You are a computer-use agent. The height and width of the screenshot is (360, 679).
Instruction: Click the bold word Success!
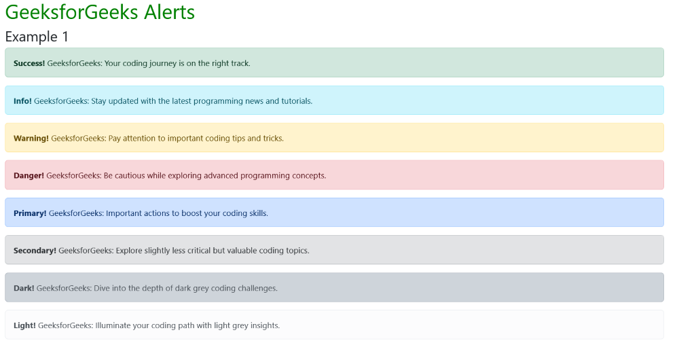pyautogui.click(x=29, y=63)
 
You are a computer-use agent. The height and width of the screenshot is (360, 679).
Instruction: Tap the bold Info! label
pyautogui.click(x=22, y=101)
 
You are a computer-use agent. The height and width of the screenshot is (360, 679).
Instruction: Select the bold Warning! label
pyautogui.click(x=31, y=138)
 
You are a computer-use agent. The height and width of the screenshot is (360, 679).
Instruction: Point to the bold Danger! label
pyautogui.click(x=29, y=175)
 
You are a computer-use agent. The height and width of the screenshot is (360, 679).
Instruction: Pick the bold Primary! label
pyautogui.click(x=30, y=213)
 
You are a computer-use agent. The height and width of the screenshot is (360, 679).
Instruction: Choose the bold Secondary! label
pyautogui.click(x=35, y=251)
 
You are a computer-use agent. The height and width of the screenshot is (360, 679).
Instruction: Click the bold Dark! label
pyautogui.click(x=24, y=288)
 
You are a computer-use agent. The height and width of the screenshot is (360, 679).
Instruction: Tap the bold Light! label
pyautogui.click(x=24, y=325)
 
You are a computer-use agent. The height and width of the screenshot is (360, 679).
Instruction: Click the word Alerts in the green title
pyautogui.click(x=169, y=12)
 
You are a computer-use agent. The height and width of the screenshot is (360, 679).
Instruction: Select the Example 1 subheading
pyautogui.click(x=37, y=37)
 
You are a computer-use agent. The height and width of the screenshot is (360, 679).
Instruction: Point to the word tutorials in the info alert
pyautogui.click(x=297, y=101)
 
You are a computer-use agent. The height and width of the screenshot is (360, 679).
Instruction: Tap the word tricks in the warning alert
pyautogui.click(x=273, y=138)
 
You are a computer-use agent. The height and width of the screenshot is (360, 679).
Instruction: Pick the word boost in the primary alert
pyautogui.click(x=192, y=213)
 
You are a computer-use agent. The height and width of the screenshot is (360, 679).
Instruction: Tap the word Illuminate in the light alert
pyautogui.click(x=113, y=325)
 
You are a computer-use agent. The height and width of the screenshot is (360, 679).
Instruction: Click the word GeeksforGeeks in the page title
pyautogui.click(x=73, y=12)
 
